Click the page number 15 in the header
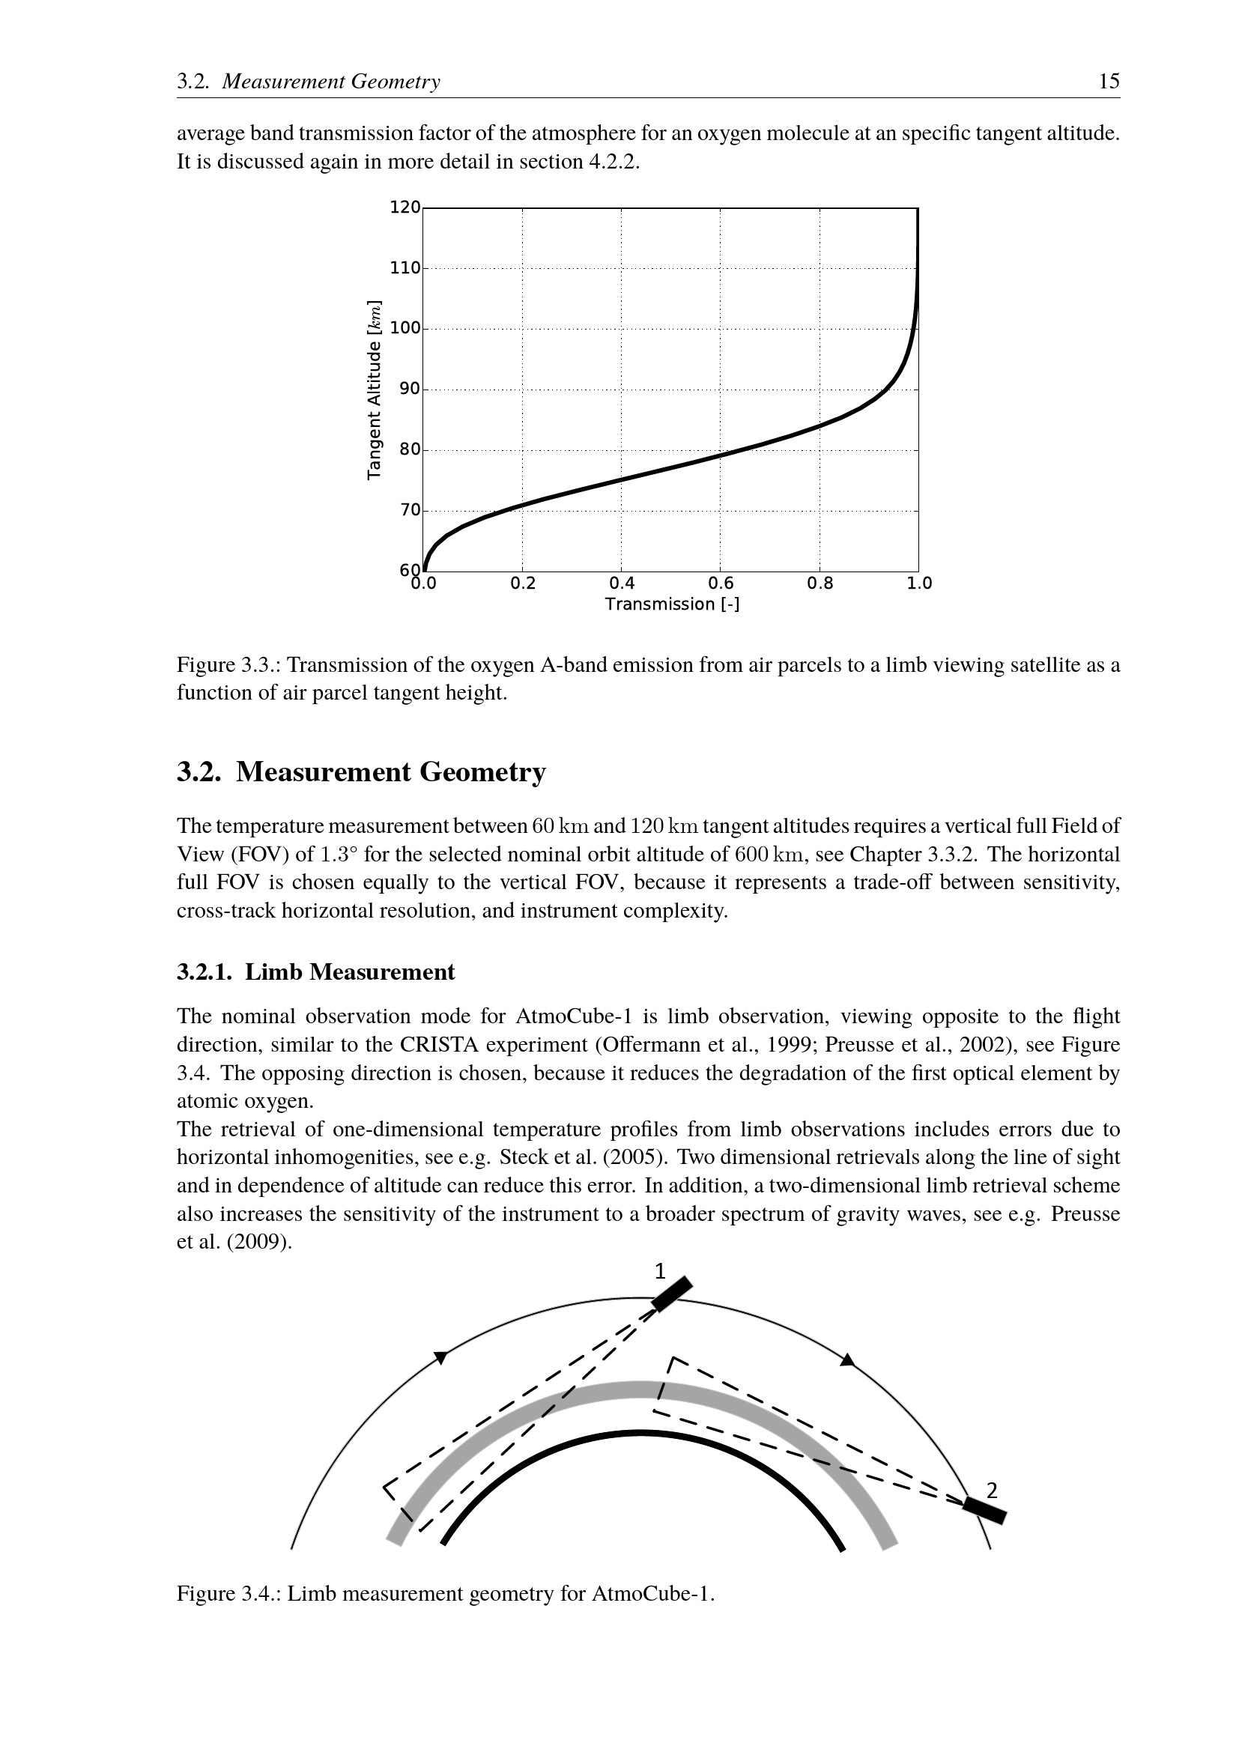1109,82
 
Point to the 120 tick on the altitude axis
405,207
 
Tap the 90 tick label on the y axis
410,389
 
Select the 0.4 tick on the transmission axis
622,584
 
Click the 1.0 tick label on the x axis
919,584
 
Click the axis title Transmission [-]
672,604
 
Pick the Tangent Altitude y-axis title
374,390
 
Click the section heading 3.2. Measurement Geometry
362,772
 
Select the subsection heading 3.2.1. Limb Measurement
316,972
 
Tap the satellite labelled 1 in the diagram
671,1294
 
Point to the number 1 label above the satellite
660,1271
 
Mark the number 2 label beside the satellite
992,1490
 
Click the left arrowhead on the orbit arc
440,1357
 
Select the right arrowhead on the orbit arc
847,1360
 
